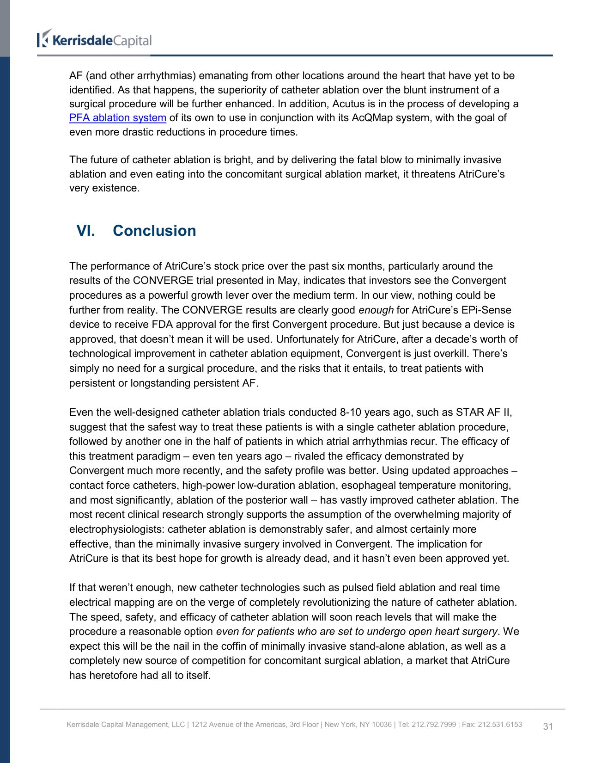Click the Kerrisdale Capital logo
click(x=94, y=40)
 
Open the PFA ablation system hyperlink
click(x=117, y=118)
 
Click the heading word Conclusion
click(x=154, y=231)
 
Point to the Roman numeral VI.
click(x=85, y=231)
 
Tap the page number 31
click(x=548, y=726)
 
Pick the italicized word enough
click(x=376, y=310)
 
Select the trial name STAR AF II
click(x=484, y=412)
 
